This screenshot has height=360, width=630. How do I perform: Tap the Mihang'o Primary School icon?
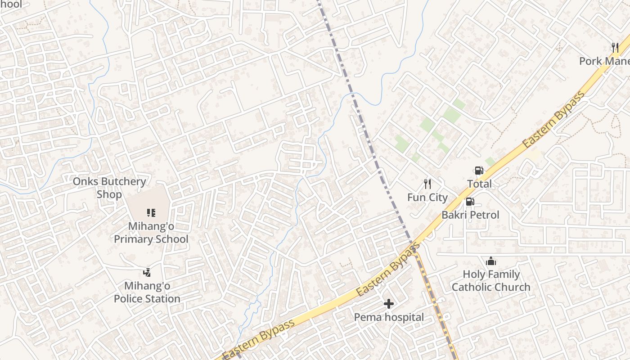(x=151, y=212)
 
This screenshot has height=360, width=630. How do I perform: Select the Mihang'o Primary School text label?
(x=151, y=233)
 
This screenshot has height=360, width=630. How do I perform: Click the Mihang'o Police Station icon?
(x=147, y=272)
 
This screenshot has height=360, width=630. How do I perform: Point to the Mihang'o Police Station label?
(x=147, y=292)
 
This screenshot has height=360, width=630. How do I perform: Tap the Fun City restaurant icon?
(x=427, y=184)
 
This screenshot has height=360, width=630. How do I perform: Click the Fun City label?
(x=427, y=198)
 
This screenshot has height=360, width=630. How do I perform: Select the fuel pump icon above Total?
(x=479, y=170)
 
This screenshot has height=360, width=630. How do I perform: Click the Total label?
(x=479, y=184)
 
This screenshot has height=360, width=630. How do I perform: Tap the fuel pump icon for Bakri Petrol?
(x=470, y=202)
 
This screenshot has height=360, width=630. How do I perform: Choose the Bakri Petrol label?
(x=470, y=215)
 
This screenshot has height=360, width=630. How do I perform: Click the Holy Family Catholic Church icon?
(x=491, y=261)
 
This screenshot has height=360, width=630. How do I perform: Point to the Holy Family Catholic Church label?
(x=491, y=281)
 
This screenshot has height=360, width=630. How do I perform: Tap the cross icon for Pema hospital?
(x=389, y=304)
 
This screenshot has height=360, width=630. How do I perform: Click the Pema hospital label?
(x=389, y=318)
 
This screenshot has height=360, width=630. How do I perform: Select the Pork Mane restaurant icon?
(x=615, y=47)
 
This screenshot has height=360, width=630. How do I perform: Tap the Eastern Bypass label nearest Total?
(x=554, y=119)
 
